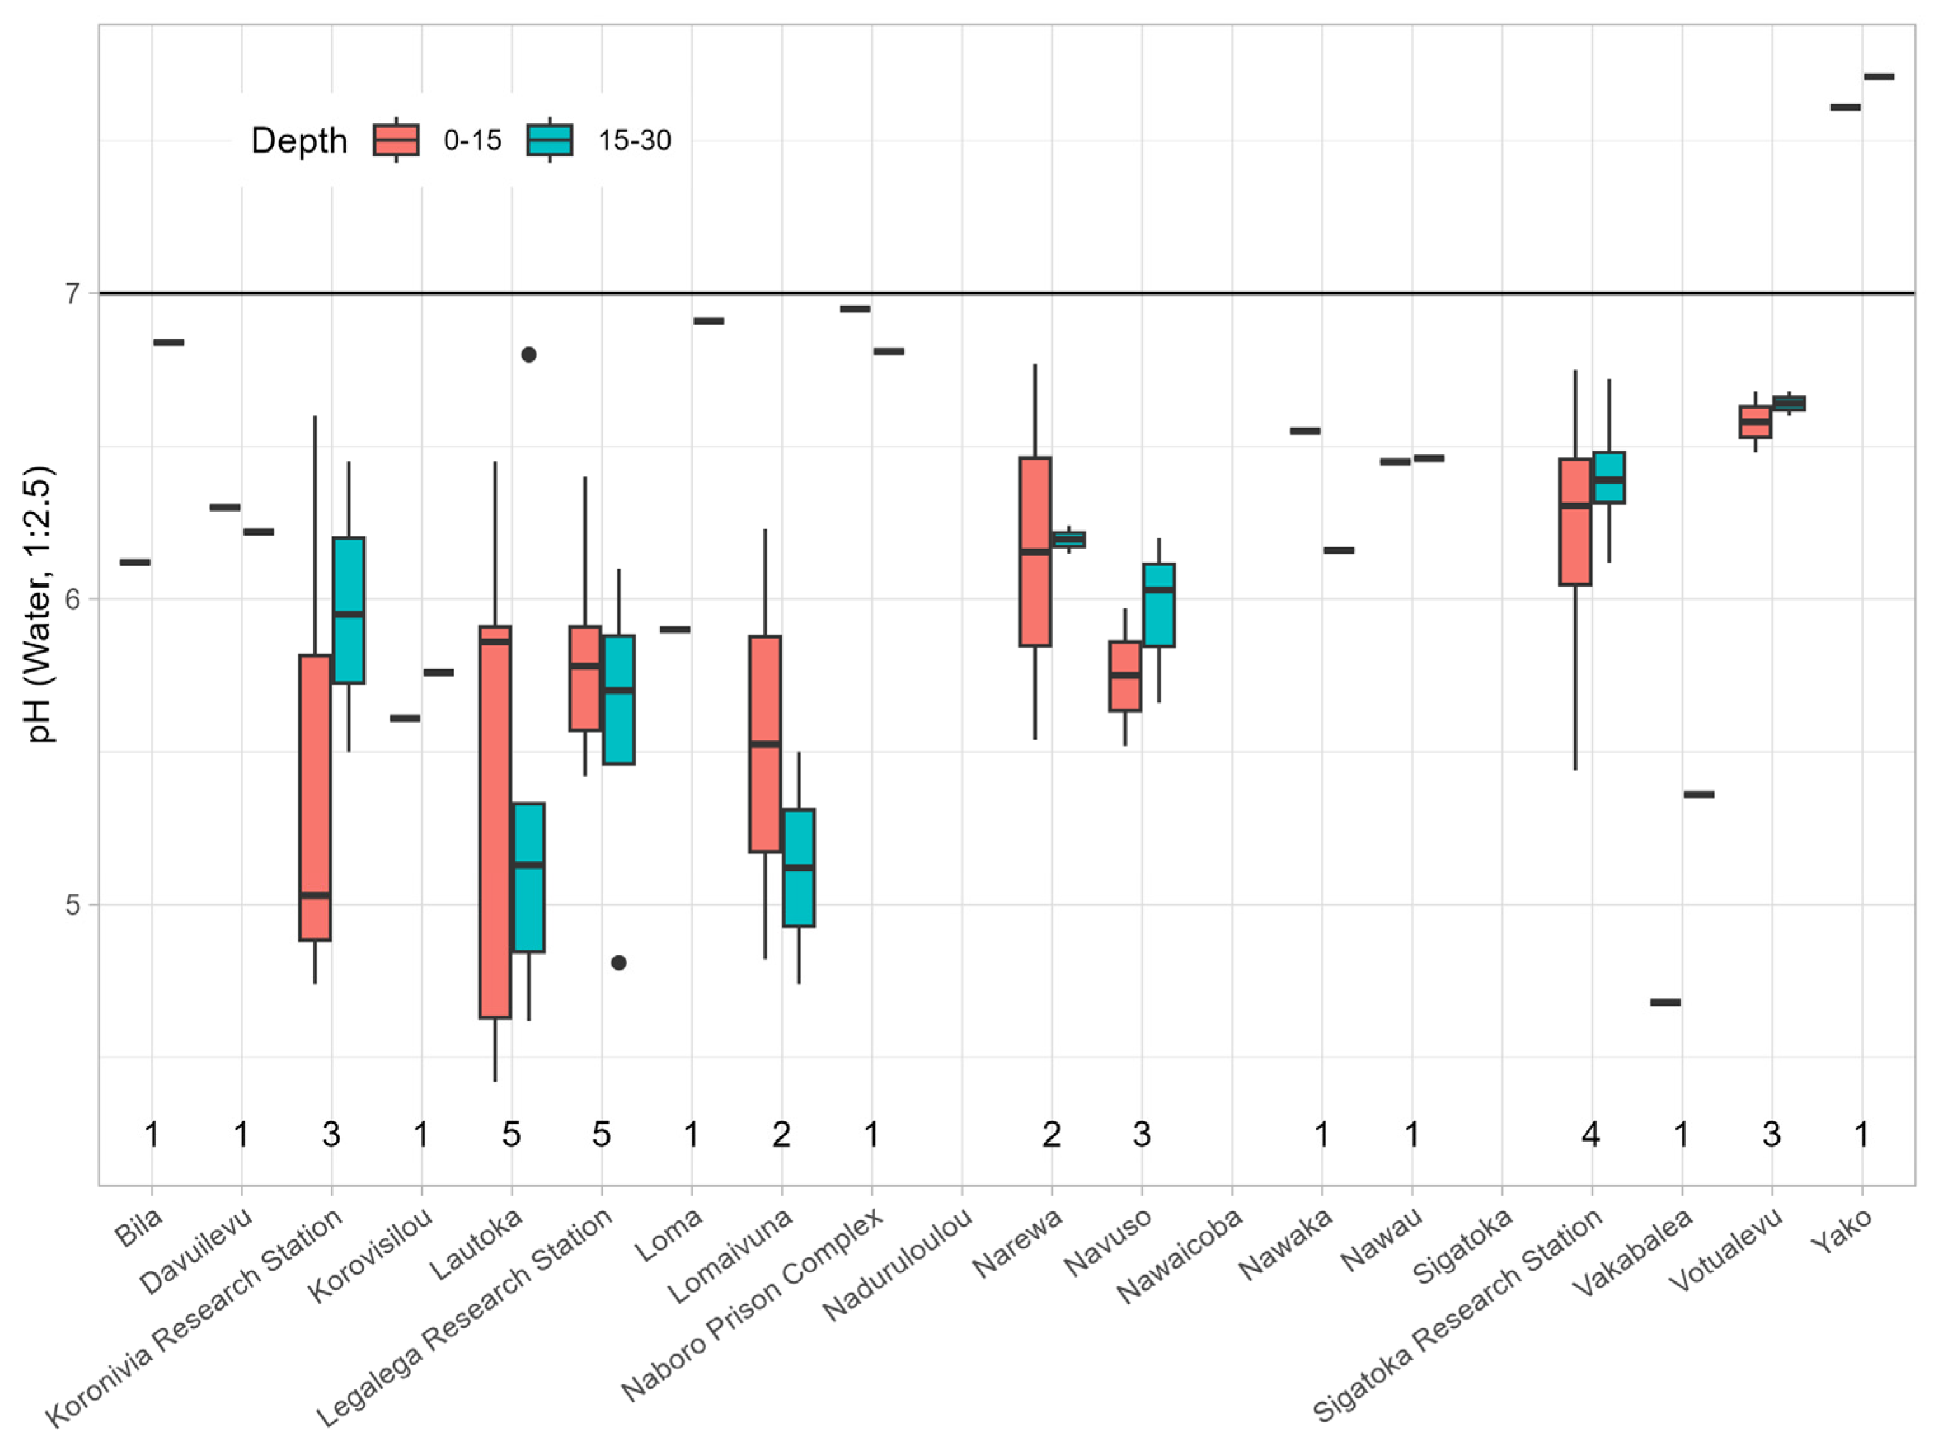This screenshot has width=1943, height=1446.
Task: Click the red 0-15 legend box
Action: click(x=397, y=139)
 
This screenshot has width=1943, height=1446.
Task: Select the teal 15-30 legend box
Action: click(x=550, y=139)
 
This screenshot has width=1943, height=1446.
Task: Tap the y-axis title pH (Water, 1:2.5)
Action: click(x=39, y=604)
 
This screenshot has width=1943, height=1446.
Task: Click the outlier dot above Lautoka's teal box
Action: click(x=529, y=355)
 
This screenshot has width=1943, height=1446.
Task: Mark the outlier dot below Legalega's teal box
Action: click(x=619, y=963)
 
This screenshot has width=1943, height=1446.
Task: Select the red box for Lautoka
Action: click(x=495, y=822)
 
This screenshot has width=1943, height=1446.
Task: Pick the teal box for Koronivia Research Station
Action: click(x=348, y=610)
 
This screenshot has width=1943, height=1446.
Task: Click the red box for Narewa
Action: click(x=1035, y=552)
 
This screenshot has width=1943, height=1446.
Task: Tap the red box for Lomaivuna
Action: click(x=765, y=744)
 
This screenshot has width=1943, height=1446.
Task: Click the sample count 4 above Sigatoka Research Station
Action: click(x=1590, y=1135)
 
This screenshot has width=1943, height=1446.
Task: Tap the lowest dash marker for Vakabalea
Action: click(x=1665, y=1002)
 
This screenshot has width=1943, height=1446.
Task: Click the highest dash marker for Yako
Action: click(x=1879, y=77)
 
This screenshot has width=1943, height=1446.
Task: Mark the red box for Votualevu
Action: click(x=1755, y=421)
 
